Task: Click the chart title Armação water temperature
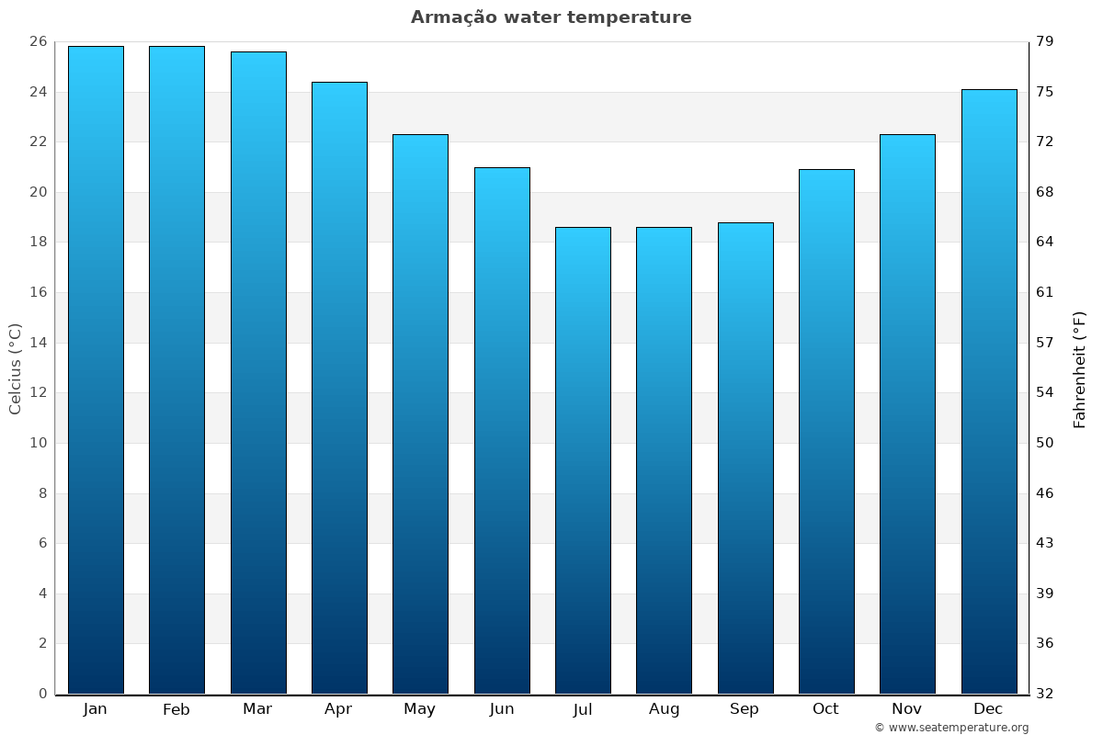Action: tap(551, 17)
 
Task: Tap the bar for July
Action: tap(583, 459)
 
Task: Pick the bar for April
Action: tap(339, 387)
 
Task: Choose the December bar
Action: tap(988, 390)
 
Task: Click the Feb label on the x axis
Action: tap(176, 709)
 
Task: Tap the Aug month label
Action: tap(664, 709)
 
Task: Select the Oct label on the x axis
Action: tap(825, 709)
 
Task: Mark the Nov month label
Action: tap(907, 709)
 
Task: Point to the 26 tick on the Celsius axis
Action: tap(38, 41)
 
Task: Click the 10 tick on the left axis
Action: tap(38, 443)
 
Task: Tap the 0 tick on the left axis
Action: tap(42, 694)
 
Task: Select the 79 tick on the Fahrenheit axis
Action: tap(1046, 41)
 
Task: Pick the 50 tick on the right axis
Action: tap(1046, 443)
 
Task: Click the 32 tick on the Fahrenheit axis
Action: tap(1046, 694)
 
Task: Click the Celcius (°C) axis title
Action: tap(15, 368)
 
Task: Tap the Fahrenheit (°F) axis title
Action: tap(1079, 368)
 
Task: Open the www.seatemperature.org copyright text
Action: tap(950, 728)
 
